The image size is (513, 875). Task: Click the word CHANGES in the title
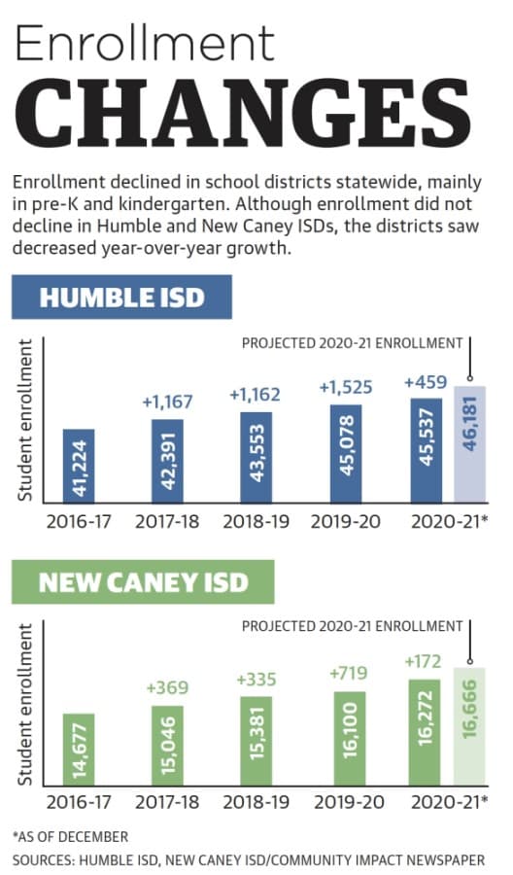243,113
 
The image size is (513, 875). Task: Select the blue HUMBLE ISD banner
121,297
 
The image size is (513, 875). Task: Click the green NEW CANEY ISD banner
143,582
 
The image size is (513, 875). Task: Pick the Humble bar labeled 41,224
79,466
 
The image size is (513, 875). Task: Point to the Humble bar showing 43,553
256,458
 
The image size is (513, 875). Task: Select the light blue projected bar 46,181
470,444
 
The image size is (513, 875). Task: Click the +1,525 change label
346,387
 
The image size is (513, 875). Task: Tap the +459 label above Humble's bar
426,382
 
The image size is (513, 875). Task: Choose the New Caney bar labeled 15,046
167,746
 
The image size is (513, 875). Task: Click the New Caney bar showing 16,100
350,738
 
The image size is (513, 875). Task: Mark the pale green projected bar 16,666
469,726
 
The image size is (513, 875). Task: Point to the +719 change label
349,673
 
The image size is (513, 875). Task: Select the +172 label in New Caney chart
423,661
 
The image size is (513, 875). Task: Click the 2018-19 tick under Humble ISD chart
256,522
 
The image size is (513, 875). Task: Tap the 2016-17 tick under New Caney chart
79,802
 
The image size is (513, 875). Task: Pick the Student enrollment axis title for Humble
24,420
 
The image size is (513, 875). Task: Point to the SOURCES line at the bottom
249,860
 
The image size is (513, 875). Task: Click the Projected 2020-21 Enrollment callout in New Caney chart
352,626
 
